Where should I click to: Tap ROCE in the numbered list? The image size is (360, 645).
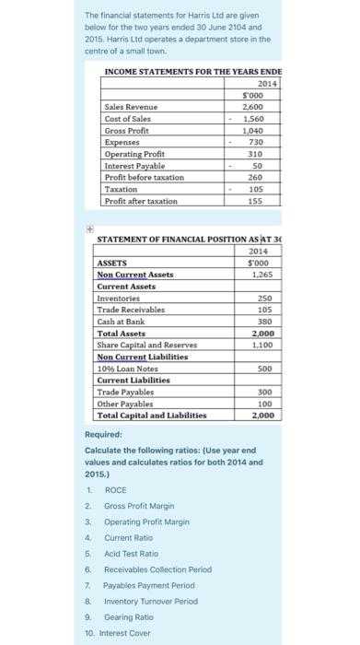[x=115, y=491]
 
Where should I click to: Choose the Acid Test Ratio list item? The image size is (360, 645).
[x=131, y=554]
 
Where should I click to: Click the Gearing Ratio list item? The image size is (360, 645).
[x=128, y=616]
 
